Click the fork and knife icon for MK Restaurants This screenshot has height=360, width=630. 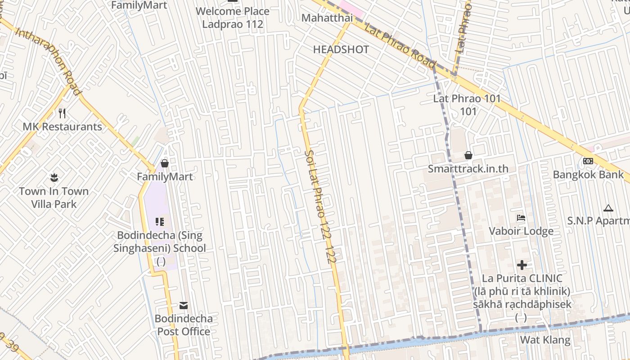point(63,113)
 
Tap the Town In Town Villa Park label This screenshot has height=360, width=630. point(54,198)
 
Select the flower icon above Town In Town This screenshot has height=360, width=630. point(54,177)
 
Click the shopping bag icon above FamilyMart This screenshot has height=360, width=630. point(165,163)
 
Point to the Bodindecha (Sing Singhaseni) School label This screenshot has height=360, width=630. point(160,242)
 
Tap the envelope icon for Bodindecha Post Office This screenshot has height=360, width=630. point(184,306)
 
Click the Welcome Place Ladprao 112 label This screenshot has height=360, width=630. point(232,18)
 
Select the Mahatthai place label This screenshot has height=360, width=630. point(327,18)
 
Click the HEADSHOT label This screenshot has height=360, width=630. point(341,49)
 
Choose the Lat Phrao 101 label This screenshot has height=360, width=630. point(467,104)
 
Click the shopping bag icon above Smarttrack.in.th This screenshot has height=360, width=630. point(468,155)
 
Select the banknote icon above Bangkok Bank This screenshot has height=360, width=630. point(588,161)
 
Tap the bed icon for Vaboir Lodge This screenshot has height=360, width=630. point(521,218)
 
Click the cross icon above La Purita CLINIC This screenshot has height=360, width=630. point(522,265)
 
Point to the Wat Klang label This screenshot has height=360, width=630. point(545,340)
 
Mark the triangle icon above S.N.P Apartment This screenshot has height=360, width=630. point(608,208)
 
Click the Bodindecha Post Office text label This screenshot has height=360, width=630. point(183,325)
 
